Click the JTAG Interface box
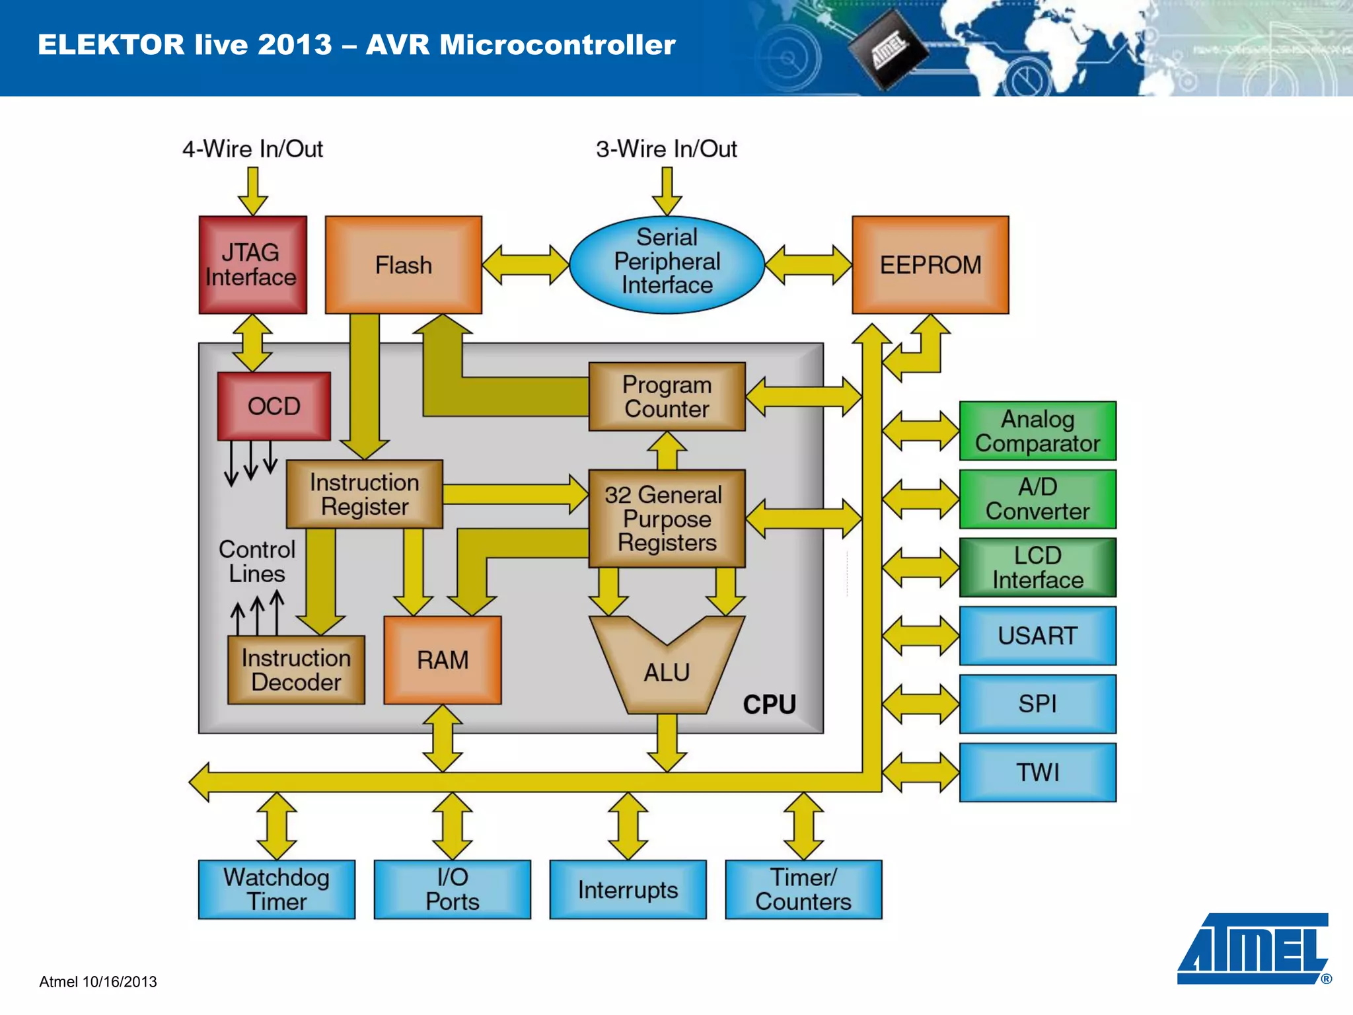point(252,264)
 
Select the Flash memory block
point(403,264)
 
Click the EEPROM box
point(930,264)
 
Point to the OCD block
point(274,406)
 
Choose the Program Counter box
point(667,396)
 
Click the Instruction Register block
point(364,494)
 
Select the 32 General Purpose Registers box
point(667,518)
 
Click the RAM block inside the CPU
point(442,659)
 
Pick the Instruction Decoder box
point(296,669)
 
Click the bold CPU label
point(769,704)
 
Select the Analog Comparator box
point(1037,431)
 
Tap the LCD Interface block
point(1037,567)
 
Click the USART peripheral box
point(1037,636)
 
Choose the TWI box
point(1037,772)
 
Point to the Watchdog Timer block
point(276,889)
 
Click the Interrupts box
point(628,889)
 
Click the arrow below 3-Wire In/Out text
point(667,190)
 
